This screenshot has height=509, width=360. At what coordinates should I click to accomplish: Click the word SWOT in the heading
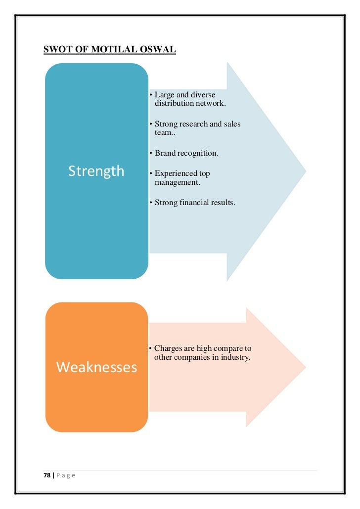pyautogui.click(x=57, y=49)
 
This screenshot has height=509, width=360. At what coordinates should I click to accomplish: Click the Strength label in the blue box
pyautogui.click(x=96, y=171)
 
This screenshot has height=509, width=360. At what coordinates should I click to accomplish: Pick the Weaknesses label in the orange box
pyautogui.click(x=96, y=367)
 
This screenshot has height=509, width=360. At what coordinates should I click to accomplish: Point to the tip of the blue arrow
pyautogui.click(x=305, y=171)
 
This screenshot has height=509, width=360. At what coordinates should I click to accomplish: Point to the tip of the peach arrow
pyautogui.click(x=305, y=367)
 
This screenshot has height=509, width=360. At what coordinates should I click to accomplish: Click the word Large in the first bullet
pyautogui.click(x=165, y=94)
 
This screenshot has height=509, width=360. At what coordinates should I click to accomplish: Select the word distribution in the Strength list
pyautogui.click(x=175, y=103)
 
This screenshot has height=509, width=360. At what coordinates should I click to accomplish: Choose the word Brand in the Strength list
pyautogui.click(x=165, y=153)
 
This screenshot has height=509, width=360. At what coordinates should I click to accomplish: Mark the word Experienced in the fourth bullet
pyautogui.click(x=176, y=173)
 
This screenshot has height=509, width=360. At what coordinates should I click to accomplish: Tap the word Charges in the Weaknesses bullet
pyautogui.click(x=168, y=349)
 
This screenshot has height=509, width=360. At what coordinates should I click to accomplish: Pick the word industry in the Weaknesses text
pyautogui.click(x=234, y=358)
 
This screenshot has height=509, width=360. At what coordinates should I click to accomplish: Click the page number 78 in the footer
pyautogui.click(x=47, y=475)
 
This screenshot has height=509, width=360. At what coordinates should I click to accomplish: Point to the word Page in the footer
pyautogui.click(x=65, y=475)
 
